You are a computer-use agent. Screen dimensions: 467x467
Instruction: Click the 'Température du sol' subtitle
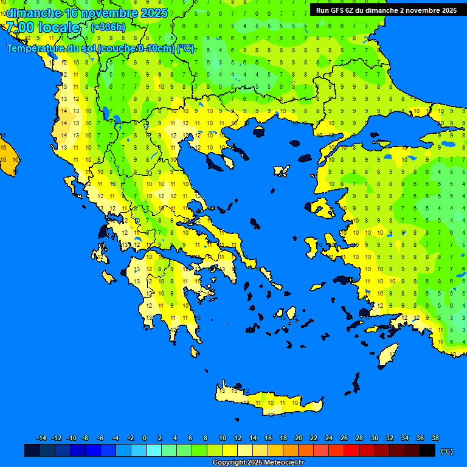click(100, 49)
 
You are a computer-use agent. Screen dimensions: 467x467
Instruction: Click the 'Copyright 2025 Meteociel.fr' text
click(258, 462)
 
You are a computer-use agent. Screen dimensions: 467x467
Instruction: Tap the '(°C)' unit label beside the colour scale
click(446, 451)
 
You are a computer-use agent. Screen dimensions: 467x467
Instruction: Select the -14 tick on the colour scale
click(41, 438)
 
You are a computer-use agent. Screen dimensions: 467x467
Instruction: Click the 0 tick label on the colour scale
click(145, 438)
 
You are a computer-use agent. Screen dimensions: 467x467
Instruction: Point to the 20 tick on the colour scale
click(298, 438)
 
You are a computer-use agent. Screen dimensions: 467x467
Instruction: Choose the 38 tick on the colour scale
click(435, 438)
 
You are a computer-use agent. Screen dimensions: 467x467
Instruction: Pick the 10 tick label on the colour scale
click(223, 438)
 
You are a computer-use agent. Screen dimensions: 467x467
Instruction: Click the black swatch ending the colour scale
click(427, 450)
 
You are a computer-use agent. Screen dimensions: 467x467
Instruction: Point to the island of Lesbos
click(322, 208)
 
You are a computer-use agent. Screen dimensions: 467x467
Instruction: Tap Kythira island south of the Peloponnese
click(195, 351)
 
